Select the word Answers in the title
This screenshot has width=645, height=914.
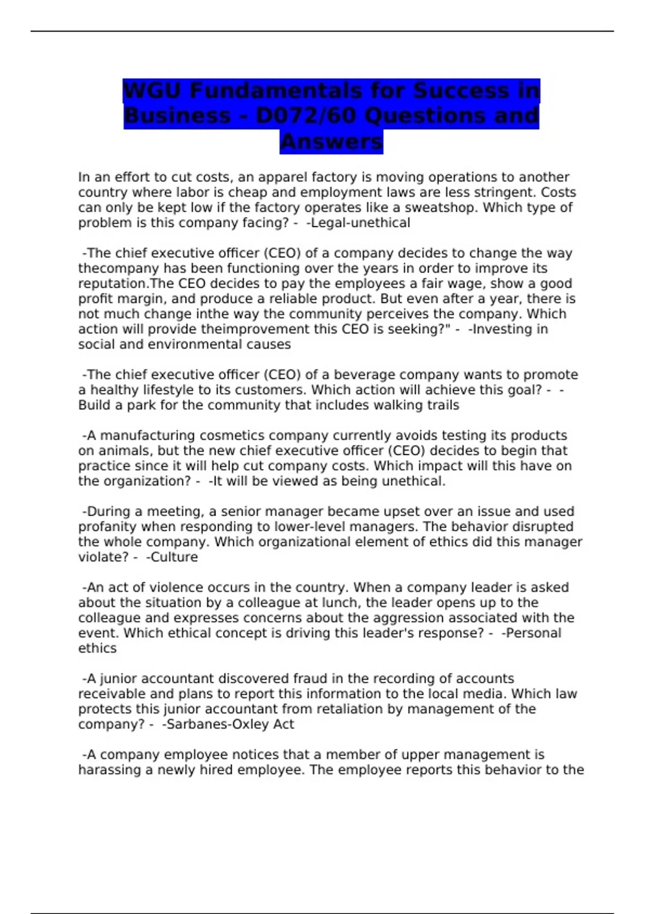tap(331, 141)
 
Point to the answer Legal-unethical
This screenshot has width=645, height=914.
tap(358, 223)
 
